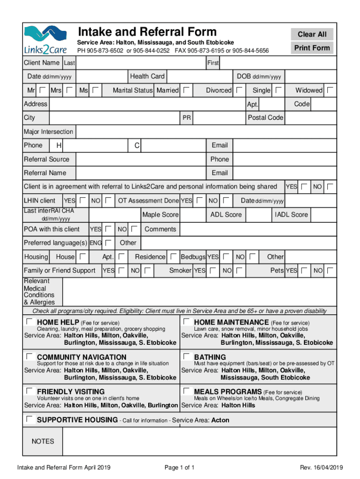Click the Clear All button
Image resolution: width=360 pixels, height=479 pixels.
click(x=312, y=34)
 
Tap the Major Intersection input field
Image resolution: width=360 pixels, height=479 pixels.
click(x=205, y=132)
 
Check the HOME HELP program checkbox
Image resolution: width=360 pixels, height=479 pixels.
click(x=30, y=322)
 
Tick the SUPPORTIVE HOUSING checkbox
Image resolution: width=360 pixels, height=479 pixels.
click(x=30, y=419)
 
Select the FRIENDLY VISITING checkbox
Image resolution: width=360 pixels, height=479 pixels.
click(x=30, y=391)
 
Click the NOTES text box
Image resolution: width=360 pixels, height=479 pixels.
click(x=199, y=441)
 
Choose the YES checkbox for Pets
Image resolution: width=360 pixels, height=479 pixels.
click(x=304, y=270)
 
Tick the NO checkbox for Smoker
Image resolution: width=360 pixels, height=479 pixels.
click(x=239, y=270)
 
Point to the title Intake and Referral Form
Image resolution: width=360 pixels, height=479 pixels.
click(x=147, y=32)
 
